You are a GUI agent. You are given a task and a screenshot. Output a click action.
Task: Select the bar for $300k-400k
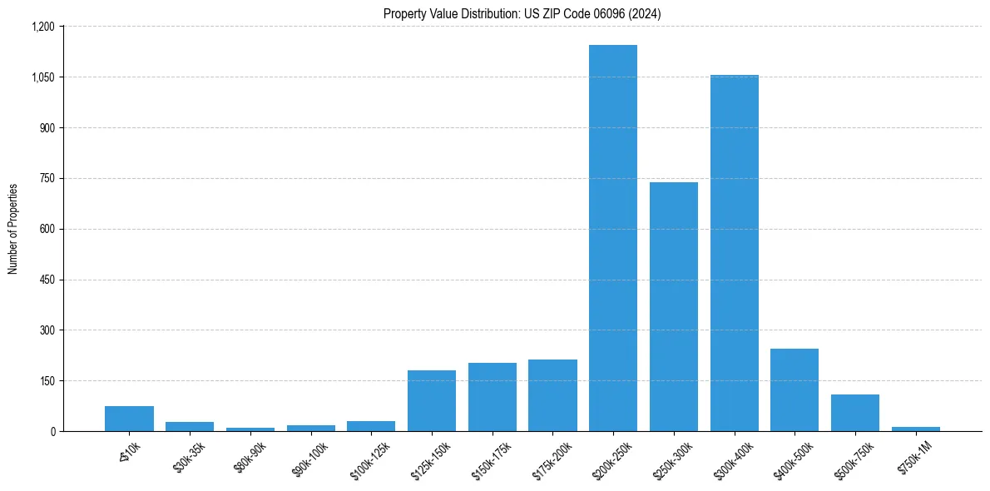click(734, 253)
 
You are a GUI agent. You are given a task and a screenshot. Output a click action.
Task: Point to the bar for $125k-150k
click(432, 400)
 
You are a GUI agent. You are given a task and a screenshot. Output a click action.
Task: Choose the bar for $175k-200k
click(552, 395)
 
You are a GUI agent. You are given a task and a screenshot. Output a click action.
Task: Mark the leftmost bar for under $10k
click(129, 419)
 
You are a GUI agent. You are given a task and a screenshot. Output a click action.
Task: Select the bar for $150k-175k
click(493, 397)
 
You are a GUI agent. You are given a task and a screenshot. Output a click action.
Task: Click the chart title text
click(522, 14)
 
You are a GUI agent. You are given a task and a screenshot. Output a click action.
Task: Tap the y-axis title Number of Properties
click(13, 229)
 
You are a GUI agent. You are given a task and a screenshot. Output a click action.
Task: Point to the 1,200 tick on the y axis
click(42, 27)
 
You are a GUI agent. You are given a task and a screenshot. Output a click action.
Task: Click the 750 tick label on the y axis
click(47, 178)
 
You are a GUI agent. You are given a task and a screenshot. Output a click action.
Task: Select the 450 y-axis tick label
click(47, 280)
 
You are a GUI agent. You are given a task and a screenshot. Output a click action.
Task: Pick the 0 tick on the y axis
click(52, 431)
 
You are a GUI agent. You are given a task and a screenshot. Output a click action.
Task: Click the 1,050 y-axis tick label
click(42, 77)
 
